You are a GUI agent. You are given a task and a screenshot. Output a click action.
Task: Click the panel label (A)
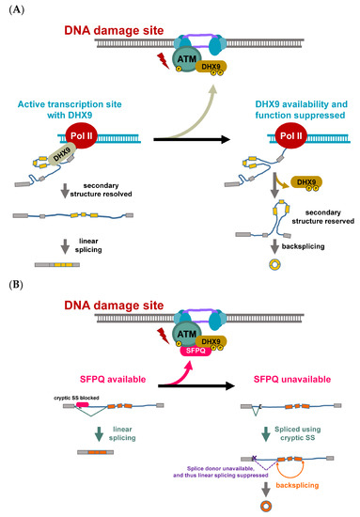tap(14, 9)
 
